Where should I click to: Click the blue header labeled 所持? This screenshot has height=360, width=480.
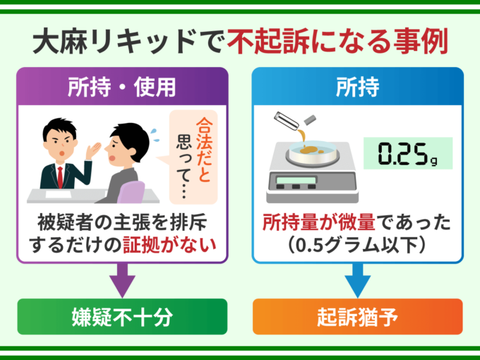(x=357, y=88)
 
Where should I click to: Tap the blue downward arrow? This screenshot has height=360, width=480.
(x=357, y=279)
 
